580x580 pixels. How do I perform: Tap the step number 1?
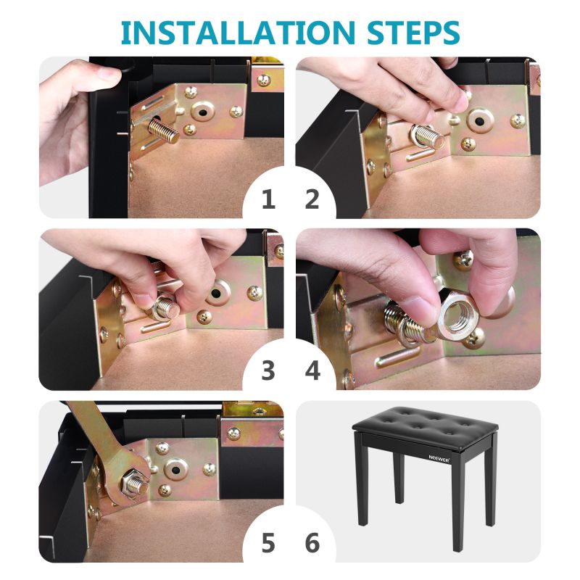click(x=268, y=199)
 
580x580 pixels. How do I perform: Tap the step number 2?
click(x=312, y=199)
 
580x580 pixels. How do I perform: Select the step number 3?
click(x=268, y=370)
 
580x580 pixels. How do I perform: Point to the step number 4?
click(x=312, y=370)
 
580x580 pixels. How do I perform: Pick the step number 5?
click(x=268, y=542)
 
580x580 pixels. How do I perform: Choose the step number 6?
click(x=312, y=542)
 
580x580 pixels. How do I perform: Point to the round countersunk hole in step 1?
click(x=202, y=114)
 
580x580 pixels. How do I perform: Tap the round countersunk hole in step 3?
click(x=218, y=294)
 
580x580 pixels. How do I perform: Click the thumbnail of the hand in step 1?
click(x=109, y=73)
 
